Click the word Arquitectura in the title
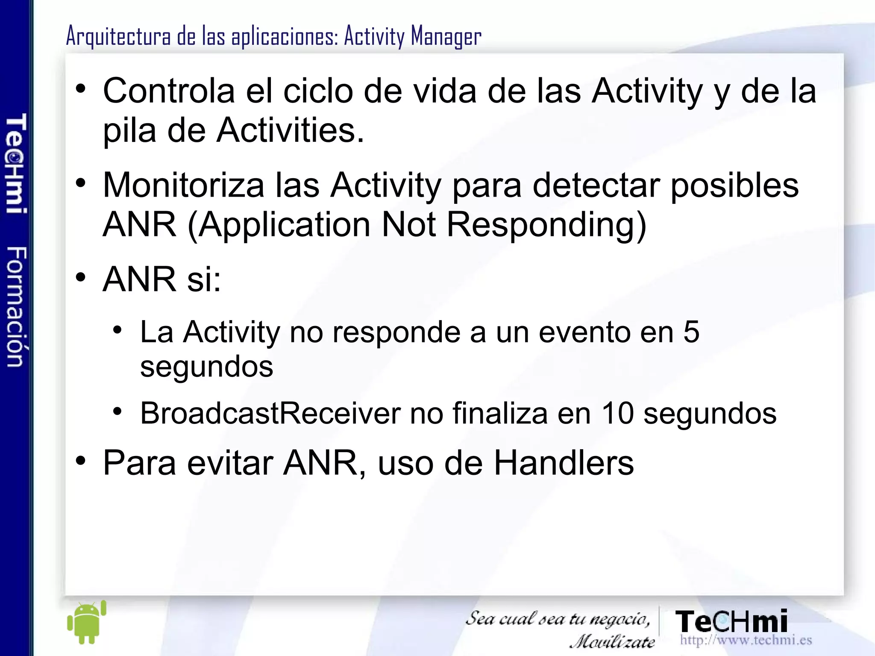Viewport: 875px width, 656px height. click(118, 36)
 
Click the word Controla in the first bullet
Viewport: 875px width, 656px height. click(169, 91)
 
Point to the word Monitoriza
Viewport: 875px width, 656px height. click(183, 185)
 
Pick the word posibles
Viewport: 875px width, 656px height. click(734, 185)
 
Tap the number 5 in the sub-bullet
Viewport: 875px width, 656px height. click(691, 332)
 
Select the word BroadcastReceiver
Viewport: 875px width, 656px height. click(270, 413)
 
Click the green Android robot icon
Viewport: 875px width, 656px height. click(87, 622)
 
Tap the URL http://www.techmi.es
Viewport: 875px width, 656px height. click(746, 640)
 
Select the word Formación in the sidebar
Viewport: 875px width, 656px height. click(16, 306)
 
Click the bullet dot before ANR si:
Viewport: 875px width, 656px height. click(81, 278)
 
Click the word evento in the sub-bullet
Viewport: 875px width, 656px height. click(584, 332)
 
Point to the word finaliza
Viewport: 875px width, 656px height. click(499, 413)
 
